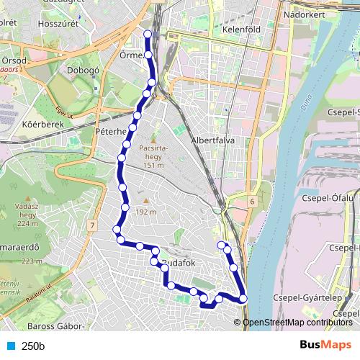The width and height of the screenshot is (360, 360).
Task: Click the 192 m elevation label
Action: (x=146, y=212)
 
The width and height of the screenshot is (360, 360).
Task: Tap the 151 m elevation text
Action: (x=154, y=166)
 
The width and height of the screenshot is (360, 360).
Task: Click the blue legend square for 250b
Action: (x=10, y=346)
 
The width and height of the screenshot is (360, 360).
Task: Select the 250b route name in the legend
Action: (x=33, y=346)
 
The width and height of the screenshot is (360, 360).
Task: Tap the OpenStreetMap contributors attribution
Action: (x=298, y=322)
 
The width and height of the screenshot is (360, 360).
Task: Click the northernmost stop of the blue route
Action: (x=148, y=34)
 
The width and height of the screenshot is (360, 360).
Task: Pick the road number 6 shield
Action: (x=253, y=202)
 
